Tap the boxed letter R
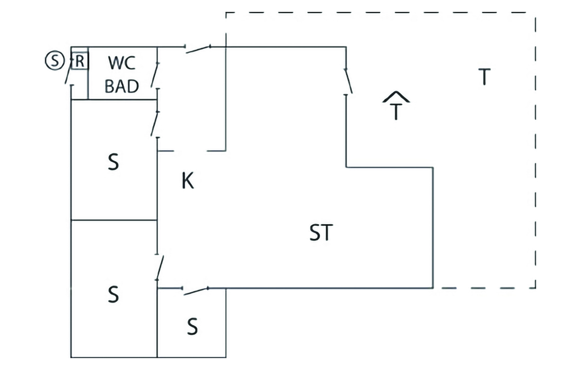[80, 60]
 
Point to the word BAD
[122, 86]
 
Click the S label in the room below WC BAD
[113, 162]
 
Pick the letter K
[187, 182]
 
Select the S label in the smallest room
[192, 327]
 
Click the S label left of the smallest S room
[113, 295]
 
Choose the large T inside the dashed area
[483, 77]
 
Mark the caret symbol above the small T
[396, 96]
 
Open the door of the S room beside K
[155, 123]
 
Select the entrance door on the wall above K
[198, 49]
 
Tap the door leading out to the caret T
[347, 81]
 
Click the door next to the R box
[69, 74]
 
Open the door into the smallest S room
[196, 291]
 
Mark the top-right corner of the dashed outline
[535, 13]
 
